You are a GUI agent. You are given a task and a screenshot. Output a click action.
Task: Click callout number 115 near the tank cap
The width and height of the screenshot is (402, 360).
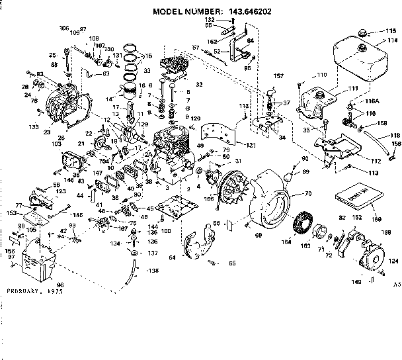pos(390,31)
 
